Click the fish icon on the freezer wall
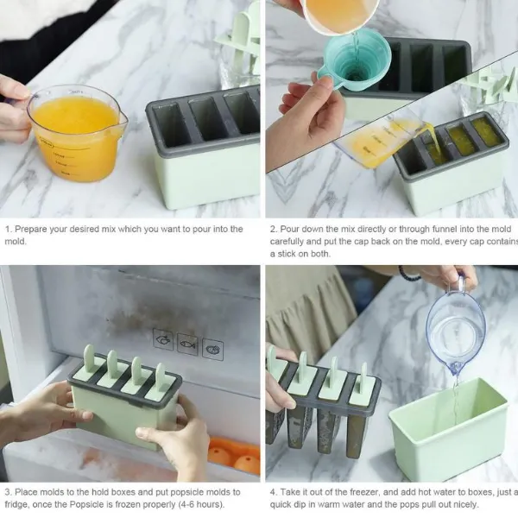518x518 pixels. tap(187, 344)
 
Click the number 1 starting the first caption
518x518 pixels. tap(7, 230)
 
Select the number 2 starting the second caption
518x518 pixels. tap(273, 230)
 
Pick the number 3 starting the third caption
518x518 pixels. tap(7, 492)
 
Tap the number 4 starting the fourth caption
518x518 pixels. tap(273, 492)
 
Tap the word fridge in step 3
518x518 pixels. tap(17, 504)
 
